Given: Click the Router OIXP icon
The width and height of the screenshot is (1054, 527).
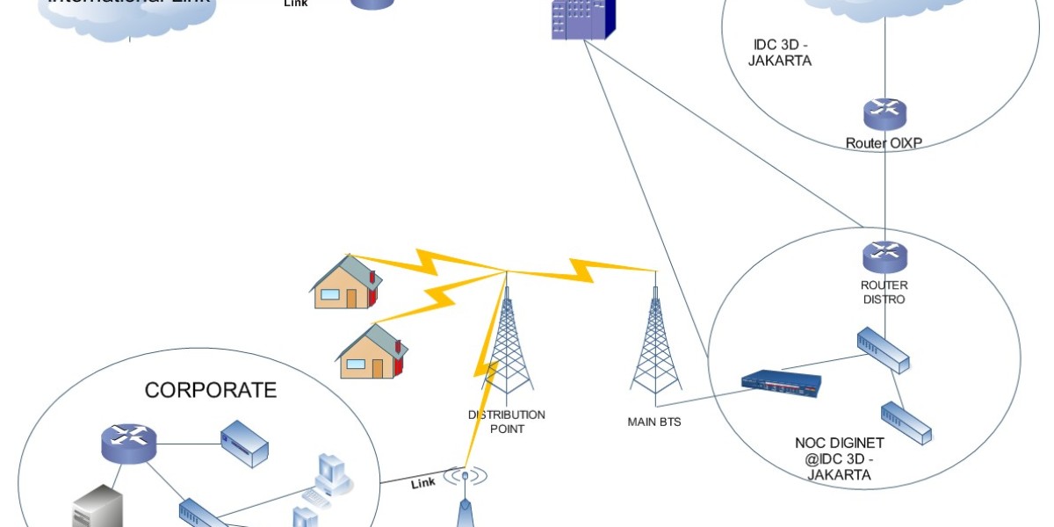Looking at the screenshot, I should click(x=884, y=113).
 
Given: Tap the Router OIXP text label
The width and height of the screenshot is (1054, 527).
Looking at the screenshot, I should click(x=884, y=142).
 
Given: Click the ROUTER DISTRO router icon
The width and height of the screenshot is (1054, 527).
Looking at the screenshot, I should click(x=884, y=256).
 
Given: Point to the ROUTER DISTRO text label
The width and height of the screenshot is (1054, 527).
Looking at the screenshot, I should click(x=884, y=292).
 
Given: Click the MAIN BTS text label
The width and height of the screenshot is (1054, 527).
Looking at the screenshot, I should click(x=654, y=422).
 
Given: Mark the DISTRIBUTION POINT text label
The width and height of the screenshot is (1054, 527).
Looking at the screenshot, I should click(x=507, y=422).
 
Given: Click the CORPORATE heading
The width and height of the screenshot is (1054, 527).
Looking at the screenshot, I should click(x=211, y=390).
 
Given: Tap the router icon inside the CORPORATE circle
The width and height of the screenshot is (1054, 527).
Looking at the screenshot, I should click(x=128, y=444).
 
